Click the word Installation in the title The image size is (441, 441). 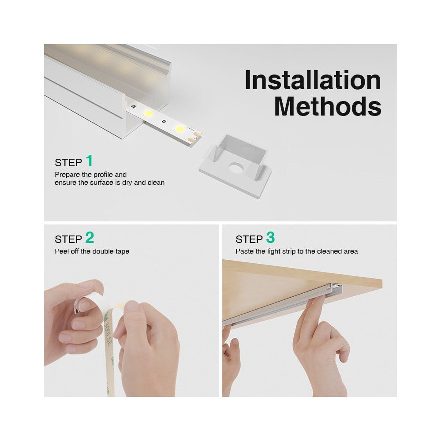pos(313,80)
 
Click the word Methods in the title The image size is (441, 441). pos(328,106)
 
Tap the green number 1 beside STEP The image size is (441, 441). pos(90,161)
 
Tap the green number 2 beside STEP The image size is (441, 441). pos(90,238)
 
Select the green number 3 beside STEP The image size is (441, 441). pos(270,238)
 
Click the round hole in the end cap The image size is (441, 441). pos(235,168)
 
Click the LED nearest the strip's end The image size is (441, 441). pos(179,129)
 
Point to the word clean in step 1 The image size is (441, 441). pos(156,183)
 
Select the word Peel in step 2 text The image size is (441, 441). pos(62,251)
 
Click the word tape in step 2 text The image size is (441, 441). pos(122,251)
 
